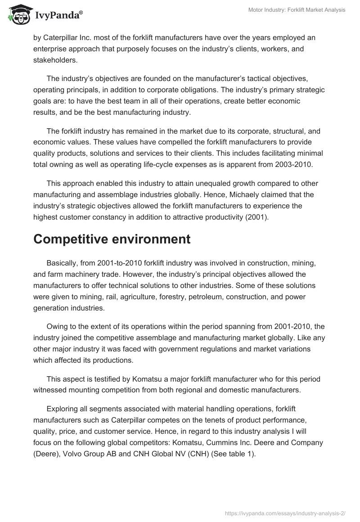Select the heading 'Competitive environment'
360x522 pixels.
coord(112,239)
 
